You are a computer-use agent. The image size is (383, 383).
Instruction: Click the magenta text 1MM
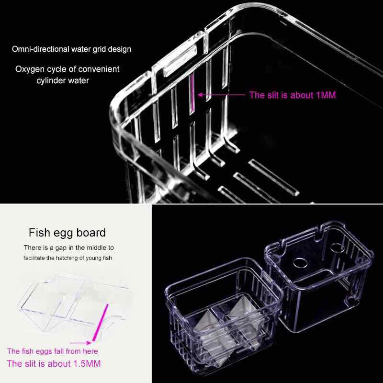point(326,95)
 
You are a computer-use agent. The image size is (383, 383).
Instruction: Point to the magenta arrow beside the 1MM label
point(221,95)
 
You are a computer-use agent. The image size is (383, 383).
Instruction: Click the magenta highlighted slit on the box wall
point(192,94)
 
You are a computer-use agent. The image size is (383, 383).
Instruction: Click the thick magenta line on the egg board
point(100,322)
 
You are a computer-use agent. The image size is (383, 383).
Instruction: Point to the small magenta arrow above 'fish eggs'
point(81,343)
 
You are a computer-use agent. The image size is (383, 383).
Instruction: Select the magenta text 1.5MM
point(87,364)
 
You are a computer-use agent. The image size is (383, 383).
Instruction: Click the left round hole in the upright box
point(300,263)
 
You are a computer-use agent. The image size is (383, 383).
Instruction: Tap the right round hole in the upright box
point(337,248)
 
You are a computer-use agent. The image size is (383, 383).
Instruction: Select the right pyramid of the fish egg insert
point(241,307)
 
